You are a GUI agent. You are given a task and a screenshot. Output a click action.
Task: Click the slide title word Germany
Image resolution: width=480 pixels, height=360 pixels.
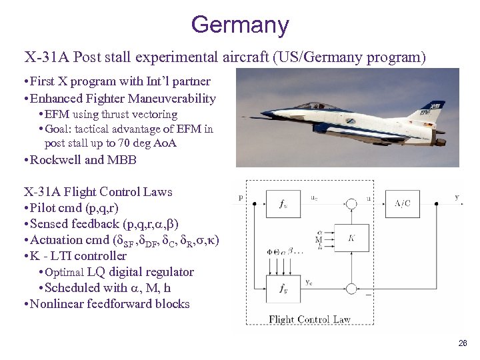point(240,25)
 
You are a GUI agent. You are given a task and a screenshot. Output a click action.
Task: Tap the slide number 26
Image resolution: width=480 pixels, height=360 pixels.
point(462,343)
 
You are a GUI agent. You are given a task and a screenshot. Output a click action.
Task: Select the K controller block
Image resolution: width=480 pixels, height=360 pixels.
point(351,238)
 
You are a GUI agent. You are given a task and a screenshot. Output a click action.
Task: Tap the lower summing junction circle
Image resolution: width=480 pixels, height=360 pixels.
point(352,289)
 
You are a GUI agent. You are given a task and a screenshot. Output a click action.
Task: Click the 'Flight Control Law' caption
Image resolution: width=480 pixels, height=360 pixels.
point(309,319)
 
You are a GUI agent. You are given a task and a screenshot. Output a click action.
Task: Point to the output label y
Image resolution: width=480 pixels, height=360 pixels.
point(457,196)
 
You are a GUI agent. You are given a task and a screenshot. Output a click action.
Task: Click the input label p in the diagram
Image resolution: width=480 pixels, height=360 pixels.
point(240,197)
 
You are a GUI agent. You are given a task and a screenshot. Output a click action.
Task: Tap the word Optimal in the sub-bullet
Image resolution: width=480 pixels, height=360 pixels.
point(64,272)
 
